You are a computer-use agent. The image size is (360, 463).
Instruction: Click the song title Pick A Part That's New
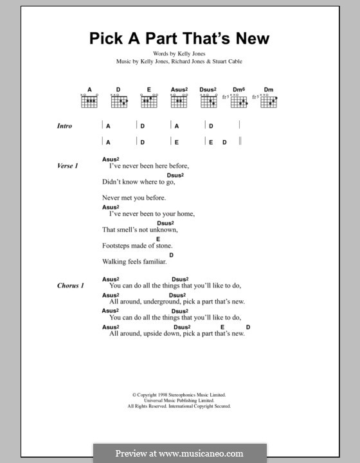click(179, 39)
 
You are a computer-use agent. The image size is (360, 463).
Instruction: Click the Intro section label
click(64, 127)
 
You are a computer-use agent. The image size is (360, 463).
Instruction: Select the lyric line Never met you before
click(134, 198)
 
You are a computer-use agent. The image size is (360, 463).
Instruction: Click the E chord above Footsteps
click(157, 239)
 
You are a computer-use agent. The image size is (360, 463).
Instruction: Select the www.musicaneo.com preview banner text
click(181, 453)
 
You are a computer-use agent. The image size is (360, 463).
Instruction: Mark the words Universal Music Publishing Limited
click(179, 401)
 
